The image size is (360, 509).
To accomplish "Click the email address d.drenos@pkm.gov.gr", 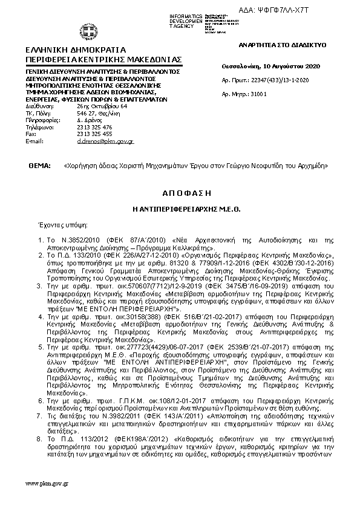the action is coord(105,141).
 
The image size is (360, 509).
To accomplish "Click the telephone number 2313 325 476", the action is coord(94,127).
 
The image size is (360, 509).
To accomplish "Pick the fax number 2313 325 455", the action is coord(94,134).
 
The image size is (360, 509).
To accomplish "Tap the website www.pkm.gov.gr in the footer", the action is coord(47,484).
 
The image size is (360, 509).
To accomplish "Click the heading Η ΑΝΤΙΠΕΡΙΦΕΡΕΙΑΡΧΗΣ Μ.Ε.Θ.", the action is coord(180,207).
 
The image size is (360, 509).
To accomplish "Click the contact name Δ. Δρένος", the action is coord(88,120).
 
